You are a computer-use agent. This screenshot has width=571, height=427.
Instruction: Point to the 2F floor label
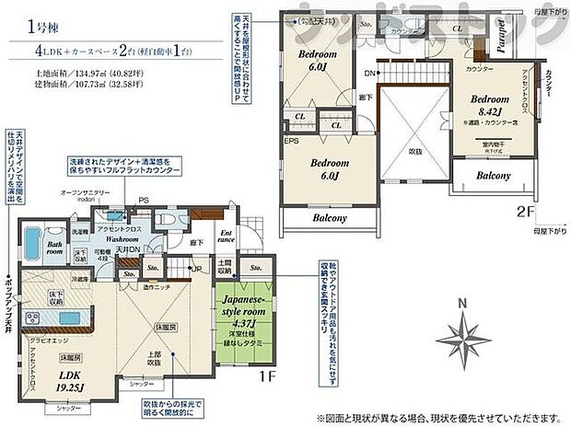524,211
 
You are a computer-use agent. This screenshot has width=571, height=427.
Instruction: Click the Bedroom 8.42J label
489,105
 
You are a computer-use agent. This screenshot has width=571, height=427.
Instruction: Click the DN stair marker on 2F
368,72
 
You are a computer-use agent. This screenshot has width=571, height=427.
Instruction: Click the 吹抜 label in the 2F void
415,151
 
